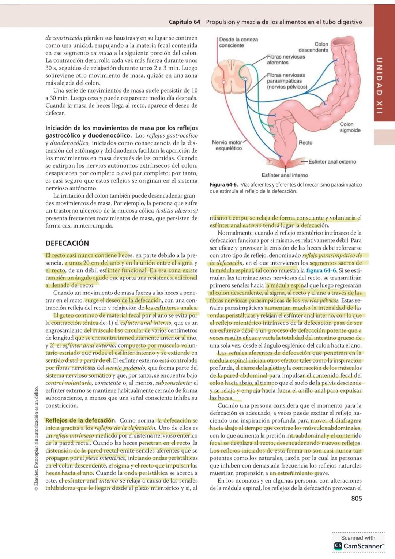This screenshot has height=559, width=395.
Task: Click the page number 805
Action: (x=356, y=498)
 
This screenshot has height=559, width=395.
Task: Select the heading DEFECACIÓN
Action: (x=67, y=243)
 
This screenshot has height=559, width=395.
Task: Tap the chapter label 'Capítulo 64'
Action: (x=184, y=22)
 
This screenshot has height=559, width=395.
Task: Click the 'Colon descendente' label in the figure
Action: (x=313, y=47)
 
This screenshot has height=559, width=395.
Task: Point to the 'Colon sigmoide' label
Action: (x=350, y=127)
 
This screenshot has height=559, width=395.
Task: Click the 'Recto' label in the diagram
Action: (x=305, y=143)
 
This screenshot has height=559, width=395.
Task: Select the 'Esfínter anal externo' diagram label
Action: (x=332, y=162)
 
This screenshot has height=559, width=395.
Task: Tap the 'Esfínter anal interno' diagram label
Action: (x=285, y=175)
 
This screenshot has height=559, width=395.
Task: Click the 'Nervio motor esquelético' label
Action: (x=227, y=145)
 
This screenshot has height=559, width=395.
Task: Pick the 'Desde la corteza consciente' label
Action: (x=238, y=42)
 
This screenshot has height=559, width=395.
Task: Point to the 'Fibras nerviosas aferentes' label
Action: (x=285, y=60)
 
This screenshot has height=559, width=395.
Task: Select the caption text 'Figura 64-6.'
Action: (x=223, y=185)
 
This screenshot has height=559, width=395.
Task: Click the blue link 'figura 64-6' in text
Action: (x=321, y=270)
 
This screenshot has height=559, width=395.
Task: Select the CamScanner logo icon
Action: (x=338, y=546)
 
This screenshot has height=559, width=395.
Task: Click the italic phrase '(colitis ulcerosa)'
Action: (x=177, y=211)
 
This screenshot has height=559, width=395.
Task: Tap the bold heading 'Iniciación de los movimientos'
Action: (x=121, y=128)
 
